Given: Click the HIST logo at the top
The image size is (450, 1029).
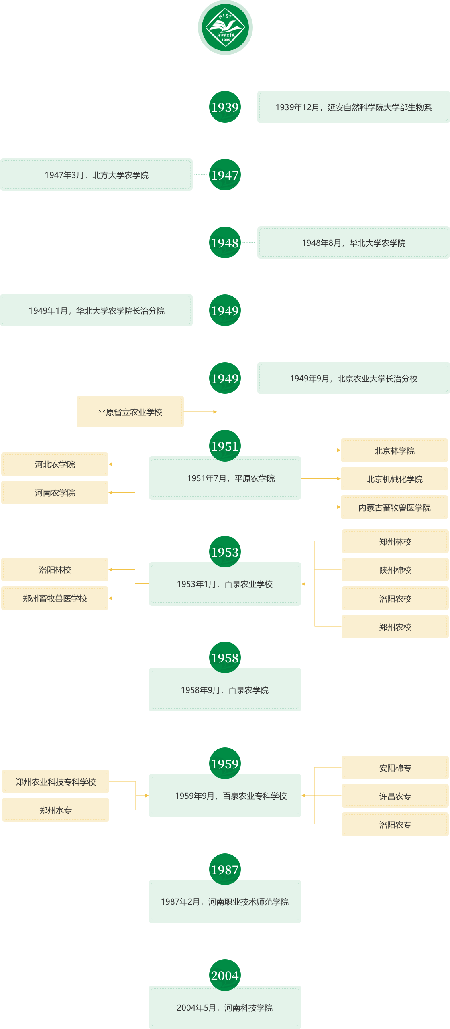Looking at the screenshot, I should pyautogui.click(x=225, y=27).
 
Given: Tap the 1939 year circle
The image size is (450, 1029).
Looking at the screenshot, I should pyautogui.click(x=225, y=107).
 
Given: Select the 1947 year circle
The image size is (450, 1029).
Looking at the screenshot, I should pyautogui.click(x=225, y=175).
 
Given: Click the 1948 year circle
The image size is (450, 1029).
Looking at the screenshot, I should pyautogui.click(x=225, y=243).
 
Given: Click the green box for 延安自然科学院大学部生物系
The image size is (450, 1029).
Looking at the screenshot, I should pyautogui.click(x=353, y=107).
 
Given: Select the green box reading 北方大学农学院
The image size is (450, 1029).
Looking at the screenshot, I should pyautogui.click(x=96, y=175).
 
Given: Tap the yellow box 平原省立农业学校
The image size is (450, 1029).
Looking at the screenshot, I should pyautogui.click(x=130, y=412).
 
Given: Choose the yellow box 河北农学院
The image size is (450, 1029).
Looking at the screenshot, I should pyautogui.click(x=55, y=464).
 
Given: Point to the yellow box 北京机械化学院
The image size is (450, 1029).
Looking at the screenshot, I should pyautogui.click(x=394, y=479).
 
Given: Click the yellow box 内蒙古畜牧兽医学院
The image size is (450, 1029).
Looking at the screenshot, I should pyautogui.click(x=394, y=507).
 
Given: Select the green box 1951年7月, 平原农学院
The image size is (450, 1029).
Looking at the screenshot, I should pyautogui.click(x=225, y=478).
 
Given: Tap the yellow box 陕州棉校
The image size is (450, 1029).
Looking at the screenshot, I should pyautogui.click(x=395, y=570).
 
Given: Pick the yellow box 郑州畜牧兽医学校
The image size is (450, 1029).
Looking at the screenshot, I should pyautogui.click(x=55, y=598).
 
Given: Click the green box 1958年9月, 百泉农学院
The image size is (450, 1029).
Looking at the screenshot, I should pyautogui.click(x=225, y=690).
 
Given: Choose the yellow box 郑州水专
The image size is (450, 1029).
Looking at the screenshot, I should pyautogui.click(x=55, y=810).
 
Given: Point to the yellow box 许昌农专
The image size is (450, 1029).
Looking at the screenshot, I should pyautogui.click(x=395, y=796).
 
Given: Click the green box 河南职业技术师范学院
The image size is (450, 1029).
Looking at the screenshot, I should pyautogui.click(x=225, y=901).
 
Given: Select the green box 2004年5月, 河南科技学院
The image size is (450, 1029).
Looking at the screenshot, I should pyautogui.click(x=225, y=1007).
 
